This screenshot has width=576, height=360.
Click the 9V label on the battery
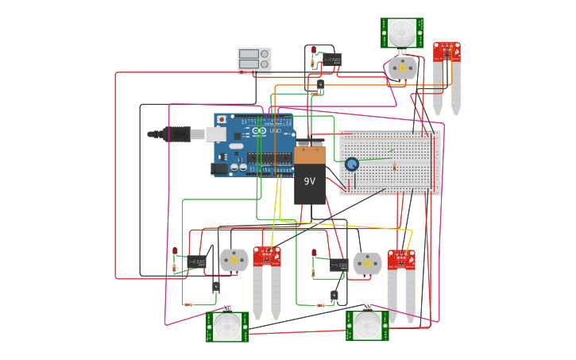[x=310, y=181]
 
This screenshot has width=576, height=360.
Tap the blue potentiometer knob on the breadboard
[x=352, y=164]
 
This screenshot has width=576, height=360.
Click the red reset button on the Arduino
[x=221, y=120]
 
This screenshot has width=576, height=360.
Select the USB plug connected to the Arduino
[x=176, y=134]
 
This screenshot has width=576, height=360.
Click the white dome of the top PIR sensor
[x=402, y=33]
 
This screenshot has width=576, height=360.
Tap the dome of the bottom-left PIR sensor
[x=227, y=326]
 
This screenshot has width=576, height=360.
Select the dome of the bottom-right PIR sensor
[x=367, y=325]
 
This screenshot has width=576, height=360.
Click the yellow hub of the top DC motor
[x=402, y=68]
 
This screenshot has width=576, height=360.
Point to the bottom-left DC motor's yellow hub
[x=234, y=260]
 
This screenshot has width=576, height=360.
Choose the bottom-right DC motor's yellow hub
[x=367, y=263]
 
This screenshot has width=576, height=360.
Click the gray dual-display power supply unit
[x=254, y=60]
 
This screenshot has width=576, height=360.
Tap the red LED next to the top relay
[x=314, y=50]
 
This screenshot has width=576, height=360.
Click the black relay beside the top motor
[x=333, y=60]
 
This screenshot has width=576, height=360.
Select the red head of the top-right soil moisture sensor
[x=446, y=52]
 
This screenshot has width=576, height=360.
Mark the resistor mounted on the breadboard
[x=394, y=167]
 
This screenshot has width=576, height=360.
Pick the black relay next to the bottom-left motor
[x=196, y=261]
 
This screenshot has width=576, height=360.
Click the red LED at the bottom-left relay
[x=175, y=251]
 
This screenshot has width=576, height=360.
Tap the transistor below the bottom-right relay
[x=334, y=296]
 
